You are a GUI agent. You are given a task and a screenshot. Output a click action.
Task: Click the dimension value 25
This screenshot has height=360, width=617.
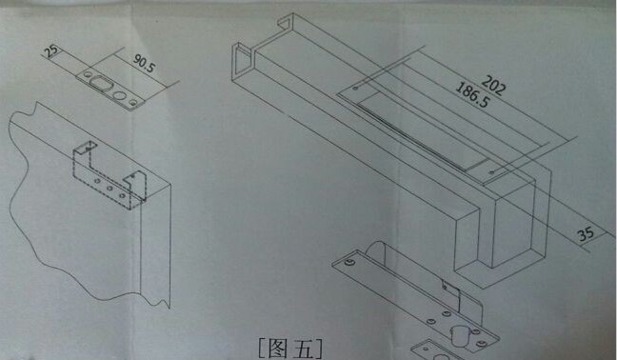(51, 51)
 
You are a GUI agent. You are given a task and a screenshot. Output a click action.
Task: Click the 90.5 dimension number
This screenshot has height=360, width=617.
(144, 63)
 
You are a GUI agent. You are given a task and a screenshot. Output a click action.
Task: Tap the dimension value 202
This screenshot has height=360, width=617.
(493, 86)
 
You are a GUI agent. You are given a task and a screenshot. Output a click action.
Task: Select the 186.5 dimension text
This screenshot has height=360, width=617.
(472, 95)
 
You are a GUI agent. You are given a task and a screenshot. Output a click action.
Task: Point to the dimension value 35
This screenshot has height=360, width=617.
(587, 233)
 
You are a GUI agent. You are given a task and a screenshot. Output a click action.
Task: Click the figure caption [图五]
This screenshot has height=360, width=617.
(290, 348)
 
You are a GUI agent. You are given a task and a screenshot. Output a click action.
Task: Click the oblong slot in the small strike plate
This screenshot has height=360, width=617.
(101, 84)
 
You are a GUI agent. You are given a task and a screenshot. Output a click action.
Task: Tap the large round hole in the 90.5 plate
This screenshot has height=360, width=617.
(118, 95)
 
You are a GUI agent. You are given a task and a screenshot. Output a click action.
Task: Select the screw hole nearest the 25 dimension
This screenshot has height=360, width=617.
(87, 74)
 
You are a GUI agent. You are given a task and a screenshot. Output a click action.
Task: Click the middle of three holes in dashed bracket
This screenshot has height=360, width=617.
(109, 188)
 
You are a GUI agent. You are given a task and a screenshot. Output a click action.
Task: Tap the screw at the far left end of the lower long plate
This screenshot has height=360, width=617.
(348, 262)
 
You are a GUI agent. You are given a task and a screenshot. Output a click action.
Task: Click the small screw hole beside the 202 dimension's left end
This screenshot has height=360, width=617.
(355, 89)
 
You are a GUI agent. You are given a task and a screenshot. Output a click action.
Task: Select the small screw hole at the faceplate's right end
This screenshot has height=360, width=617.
(491, 172)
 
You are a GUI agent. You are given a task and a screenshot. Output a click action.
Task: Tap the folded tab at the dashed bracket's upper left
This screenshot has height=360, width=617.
(86, 148)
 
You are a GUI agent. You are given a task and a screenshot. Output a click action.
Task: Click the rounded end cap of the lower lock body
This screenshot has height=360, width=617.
(376, 249)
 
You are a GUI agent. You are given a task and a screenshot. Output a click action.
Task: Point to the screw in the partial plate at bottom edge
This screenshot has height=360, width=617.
(428, 349)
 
